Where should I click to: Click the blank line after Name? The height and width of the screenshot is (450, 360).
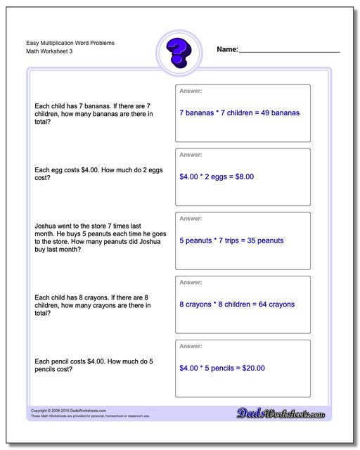pyautogui.click(x=289, y=51)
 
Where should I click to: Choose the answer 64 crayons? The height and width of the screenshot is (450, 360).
pyautogui.click(x=275, y=304)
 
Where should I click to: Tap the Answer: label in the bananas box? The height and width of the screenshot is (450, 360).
pyautogui.click(x=191, y=91)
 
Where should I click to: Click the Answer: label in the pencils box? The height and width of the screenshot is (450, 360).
pyautogui.click(x=191, y=346)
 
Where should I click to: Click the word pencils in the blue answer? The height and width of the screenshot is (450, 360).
pyautogui.click(x=224, y=368)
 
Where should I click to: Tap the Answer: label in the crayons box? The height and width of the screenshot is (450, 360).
pyautogui.click(x=191, y=282)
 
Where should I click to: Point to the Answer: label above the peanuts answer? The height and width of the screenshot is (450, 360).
pyautogui.click(x=191, y=218)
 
